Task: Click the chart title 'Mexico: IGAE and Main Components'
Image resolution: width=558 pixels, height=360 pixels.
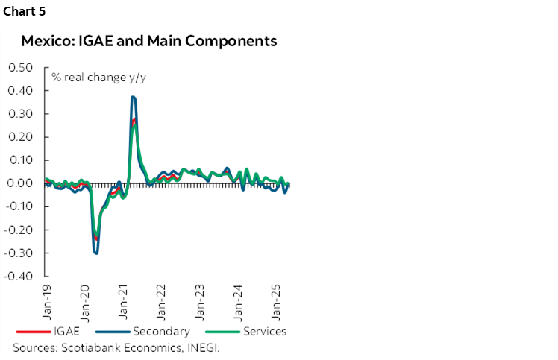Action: pos(149,40)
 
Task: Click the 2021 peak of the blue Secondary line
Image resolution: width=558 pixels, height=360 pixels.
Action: pos(133,97)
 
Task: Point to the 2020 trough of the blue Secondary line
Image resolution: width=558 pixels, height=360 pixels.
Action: pos(95,253)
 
